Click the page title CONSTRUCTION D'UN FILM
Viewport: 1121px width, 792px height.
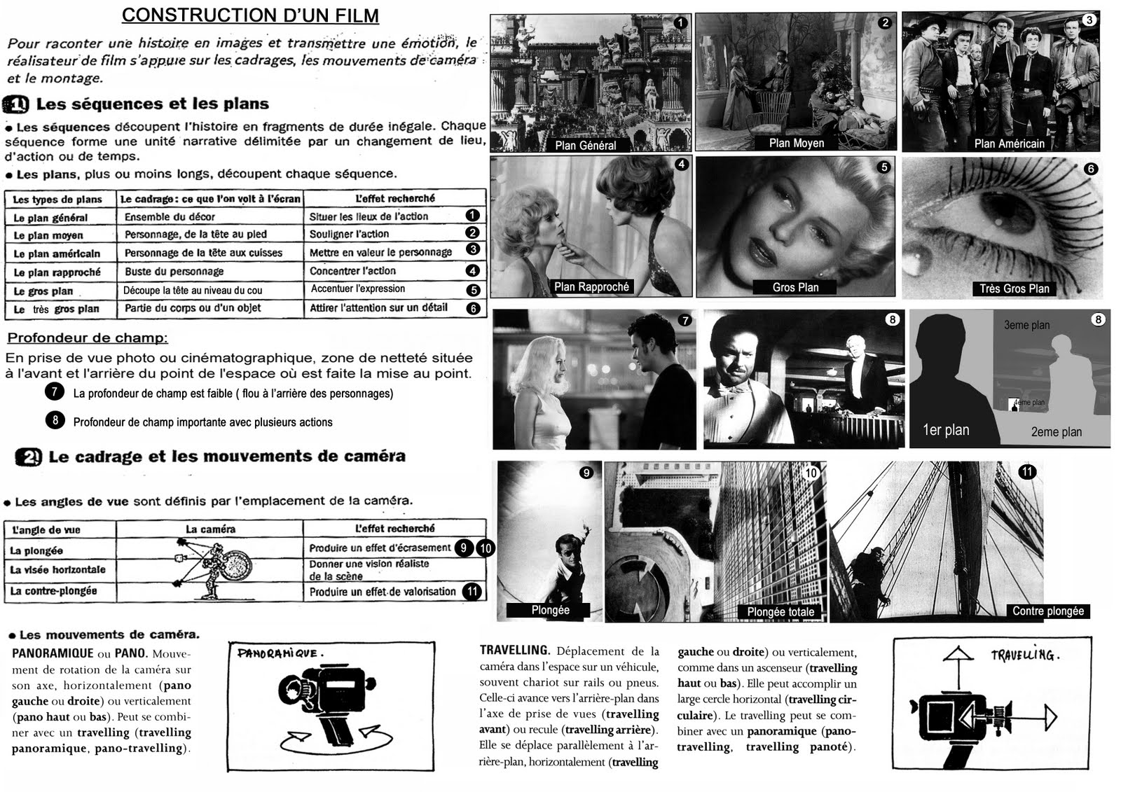coord(250,15)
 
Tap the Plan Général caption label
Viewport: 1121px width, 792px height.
coord(586,146)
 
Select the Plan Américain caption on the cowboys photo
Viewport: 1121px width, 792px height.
coord(1009,144)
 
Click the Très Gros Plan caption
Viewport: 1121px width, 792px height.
coord(1014,289)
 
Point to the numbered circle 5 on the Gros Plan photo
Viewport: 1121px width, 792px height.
coord(884,167)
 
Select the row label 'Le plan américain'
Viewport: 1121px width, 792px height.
coord(57,253)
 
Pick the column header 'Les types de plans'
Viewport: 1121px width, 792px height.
coord(57,200)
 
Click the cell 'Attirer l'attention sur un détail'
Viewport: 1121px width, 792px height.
coord(378,308)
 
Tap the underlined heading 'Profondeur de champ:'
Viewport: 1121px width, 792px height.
coord(88,338)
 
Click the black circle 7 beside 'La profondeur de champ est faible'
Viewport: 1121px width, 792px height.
coord(54,392)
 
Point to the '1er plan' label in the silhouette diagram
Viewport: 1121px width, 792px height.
coord(946,430)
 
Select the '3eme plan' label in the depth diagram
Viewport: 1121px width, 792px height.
coord(1026,325)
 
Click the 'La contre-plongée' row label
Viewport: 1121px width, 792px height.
coord(53,591)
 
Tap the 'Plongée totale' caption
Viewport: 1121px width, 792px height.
coord(780,612)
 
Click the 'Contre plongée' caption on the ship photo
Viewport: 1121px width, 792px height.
coord(1047,611)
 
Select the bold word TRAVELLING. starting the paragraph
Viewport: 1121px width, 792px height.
coord(514,651)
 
